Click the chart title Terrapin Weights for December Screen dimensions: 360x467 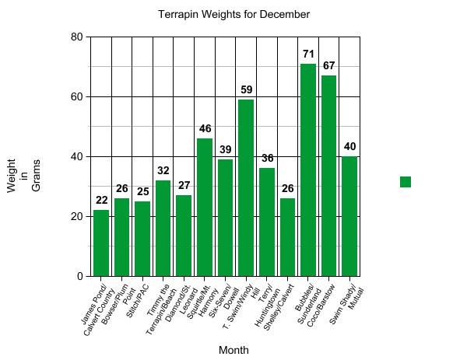point(233,15)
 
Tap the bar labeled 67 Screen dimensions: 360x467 point(329,176)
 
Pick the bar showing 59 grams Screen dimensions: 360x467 point(246,187)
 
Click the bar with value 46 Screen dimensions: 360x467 point(205,207)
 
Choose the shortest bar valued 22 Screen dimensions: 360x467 point(101,243)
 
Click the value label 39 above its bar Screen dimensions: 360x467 point(225,149)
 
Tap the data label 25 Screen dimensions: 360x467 point(142,191)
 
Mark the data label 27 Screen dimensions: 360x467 point(184,186)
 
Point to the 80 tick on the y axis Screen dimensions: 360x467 point(76,37)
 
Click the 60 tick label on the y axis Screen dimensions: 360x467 point(76,96)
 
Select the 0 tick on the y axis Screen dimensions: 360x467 point(79,276)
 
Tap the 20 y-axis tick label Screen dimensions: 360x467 point(76,216)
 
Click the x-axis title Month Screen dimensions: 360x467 point(233,350)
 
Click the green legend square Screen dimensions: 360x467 point(406,182)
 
